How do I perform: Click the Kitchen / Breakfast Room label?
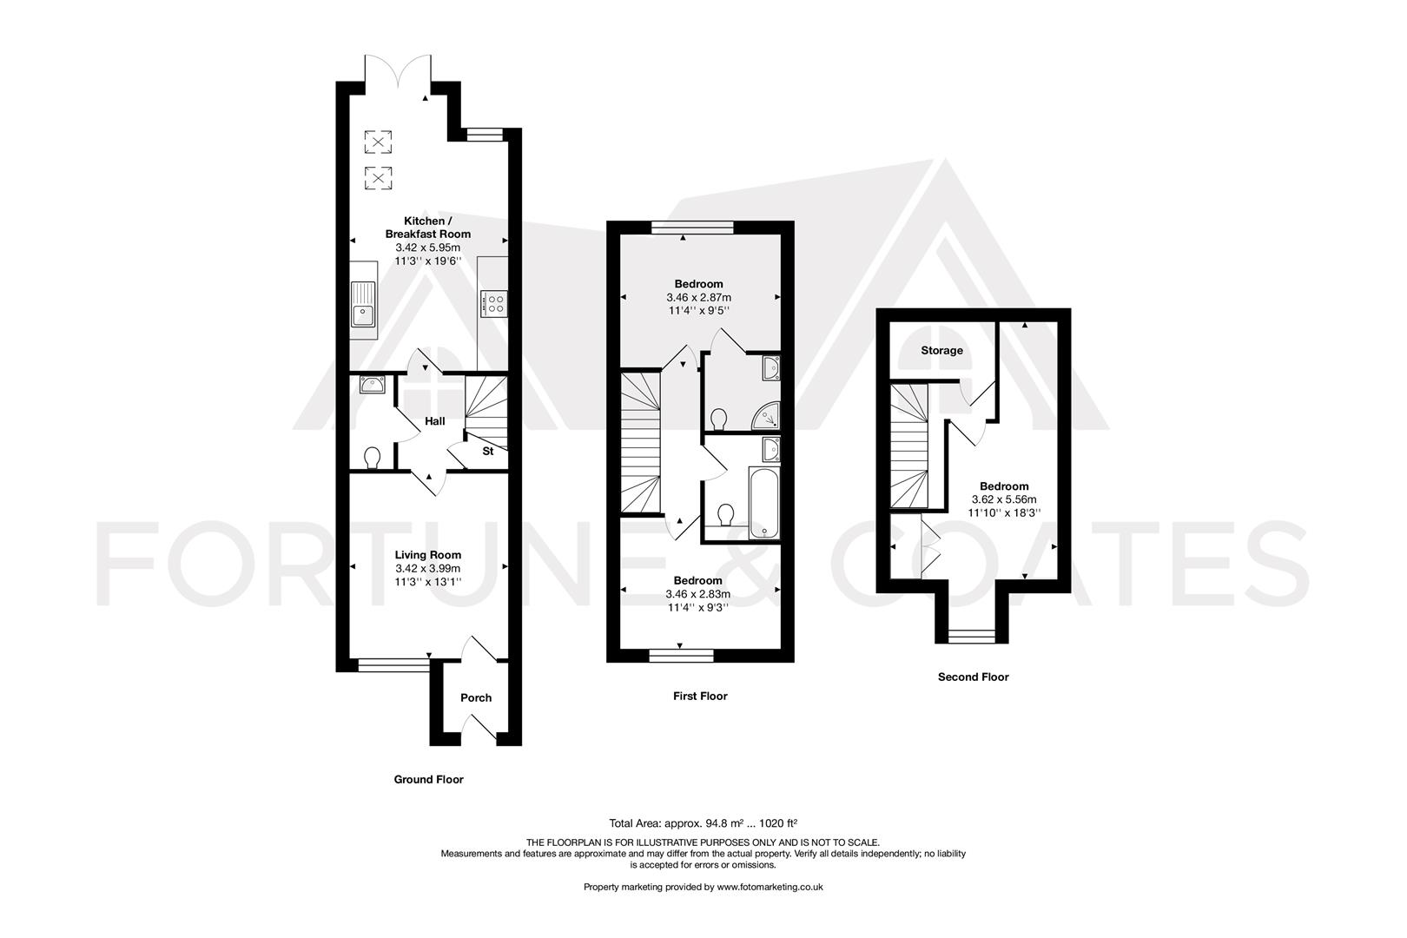pos(427,228)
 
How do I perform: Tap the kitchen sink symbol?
pos(362,305)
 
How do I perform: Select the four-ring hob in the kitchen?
pos(496,303)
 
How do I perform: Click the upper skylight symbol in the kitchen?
pos(378,142)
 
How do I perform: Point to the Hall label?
pos(434,421)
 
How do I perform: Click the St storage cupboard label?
pos(488,452)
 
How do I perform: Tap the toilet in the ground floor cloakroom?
pos(373,457)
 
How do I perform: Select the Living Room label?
pos(427,555)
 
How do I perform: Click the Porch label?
pos(475,697)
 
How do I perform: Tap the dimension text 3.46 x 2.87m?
pos(698,297)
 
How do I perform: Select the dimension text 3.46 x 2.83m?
pos(697,594)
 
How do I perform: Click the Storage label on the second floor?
pos(941,351)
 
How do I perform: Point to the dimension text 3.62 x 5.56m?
pos(1004,499)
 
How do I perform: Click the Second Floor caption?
pos(973,677)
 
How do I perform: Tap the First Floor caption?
pos(699,696)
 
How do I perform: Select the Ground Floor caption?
pos(428,779)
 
